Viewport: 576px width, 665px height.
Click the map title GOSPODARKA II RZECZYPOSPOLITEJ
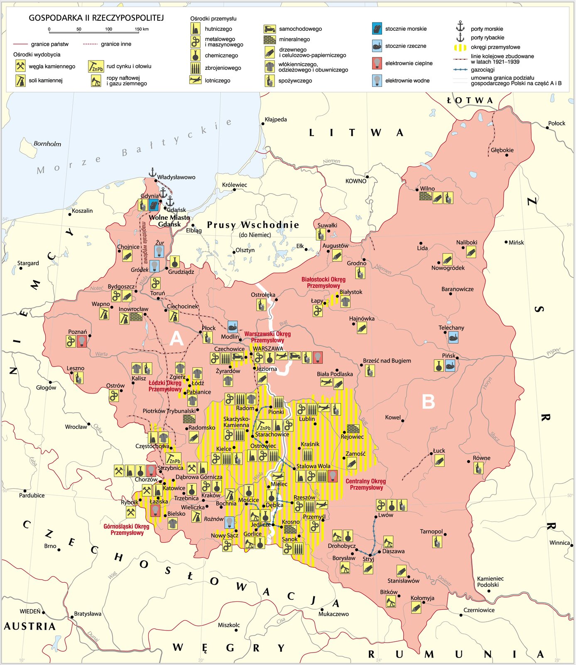(96, 18)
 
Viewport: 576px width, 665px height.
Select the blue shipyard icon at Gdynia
(154, 204)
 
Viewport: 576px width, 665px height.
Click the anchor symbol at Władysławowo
(152, 172)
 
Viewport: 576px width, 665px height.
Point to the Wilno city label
(427, 189)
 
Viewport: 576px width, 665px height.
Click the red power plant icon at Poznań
(82, 341)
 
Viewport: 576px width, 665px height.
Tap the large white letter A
(176, 339)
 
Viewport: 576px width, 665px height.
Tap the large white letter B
(428, 401)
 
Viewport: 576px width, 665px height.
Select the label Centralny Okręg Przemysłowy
(365, 484)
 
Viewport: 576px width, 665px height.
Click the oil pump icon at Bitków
(391, 601)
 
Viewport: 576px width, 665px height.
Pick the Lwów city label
(385, 515)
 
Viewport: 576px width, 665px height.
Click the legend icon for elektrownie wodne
(377, 81)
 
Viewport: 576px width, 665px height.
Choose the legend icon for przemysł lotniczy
(195, 80)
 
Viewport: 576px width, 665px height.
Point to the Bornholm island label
(47, 144)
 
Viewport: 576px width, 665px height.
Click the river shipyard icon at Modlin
(233, 326)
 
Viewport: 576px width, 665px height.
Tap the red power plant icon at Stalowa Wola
(333, 476)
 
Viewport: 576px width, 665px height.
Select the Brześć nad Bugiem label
(387, 361)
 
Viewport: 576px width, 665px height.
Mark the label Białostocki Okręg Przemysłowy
(323, 283)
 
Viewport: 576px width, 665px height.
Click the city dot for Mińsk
(506, 242)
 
